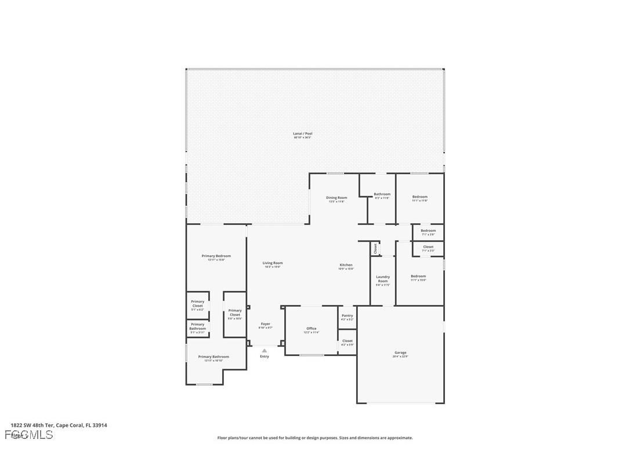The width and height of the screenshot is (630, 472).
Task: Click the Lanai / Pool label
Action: [x=302, y=134]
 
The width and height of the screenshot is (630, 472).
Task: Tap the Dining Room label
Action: [x=336, y=198]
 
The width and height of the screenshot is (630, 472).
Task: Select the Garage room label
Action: [x=400, y=353]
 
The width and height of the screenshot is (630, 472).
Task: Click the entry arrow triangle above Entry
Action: [x=265, y=350]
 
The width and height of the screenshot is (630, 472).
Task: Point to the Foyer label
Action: [x=265, y=324]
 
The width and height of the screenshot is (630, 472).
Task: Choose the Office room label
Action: [x=312, y=329]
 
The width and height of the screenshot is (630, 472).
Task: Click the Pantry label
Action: [x=347, y=316]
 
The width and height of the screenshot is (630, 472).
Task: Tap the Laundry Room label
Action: [x=383, y=279]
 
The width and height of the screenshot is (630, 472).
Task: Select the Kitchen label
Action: [x=346, y=266]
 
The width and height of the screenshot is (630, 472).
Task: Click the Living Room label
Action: [x=273, y=263]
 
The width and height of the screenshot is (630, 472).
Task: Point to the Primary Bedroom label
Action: [x=216, y=256]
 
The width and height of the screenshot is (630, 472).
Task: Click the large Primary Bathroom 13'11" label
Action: [x=213, y=357]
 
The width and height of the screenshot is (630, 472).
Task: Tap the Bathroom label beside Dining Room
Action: [x=382, y=195]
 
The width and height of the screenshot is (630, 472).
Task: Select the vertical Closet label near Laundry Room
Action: [x=375, y=248]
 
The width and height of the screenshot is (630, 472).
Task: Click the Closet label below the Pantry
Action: [x=347, y=342]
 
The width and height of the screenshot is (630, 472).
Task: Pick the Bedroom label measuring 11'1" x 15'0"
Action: [x=418, y=277]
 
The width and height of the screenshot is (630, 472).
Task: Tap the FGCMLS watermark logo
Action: [x=29, y=435]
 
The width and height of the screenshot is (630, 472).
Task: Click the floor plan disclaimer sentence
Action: [x=315, y=438]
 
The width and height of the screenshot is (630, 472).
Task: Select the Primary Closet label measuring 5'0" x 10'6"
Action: [x=235, y=311]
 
